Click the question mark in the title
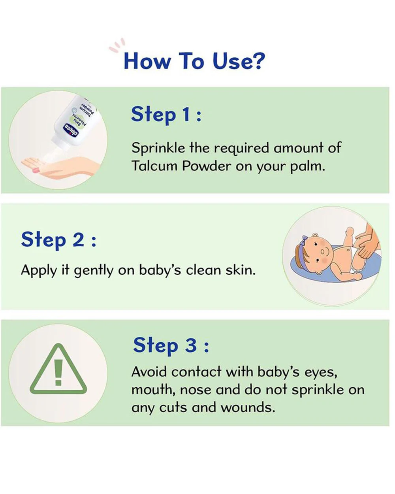point(259,60)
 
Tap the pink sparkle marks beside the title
point(117,45)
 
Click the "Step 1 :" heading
point(166,115)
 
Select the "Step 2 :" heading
point(58,240)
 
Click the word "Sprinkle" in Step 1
point(158,148)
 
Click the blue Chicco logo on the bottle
point(71,130)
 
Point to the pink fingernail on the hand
point(36,170)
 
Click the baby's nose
point(322,252)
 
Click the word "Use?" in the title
point(239,60)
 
